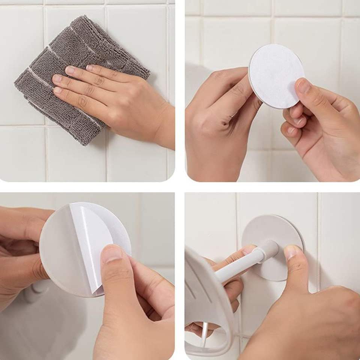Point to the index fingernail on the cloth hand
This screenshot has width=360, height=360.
[70, 70]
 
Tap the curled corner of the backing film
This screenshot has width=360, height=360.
[98, 289]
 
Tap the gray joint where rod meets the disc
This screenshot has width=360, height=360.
[269, 248]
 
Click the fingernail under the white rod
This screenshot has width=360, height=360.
[248, 250]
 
